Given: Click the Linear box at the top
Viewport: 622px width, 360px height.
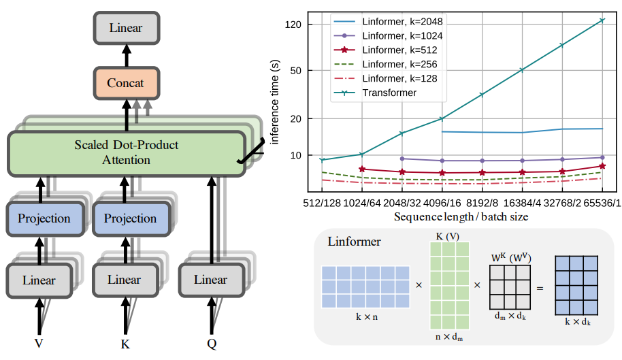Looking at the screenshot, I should [125, 29].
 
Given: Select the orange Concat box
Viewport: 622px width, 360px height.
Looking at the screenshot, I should [125, 83].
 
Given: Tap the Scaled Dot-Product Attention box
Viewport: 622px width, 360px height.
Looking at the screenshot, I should [125, 152].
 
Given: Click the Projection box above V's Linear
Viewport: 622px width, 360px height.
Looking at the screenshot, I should [44, 218].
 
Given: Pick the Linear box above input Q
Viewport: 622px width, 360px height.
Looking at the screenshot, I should [210, 280].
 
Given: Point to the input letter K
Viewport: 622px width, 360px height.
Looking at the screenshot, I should [125, 344].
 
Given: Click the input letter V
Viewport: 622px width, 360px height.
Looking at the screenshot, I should [39, 344].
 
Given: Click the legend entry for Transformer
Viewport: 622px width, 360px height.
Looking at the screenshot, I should [389, 93].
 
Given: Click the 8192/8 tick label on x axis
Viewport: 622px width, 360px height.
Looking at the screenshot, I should [482, 203].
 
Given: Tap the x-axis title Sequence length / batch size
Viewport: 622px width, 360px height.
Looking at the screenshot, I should [461, 216].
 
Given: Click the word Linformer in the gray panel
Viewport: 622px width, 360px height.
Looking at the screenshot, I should [354, 242].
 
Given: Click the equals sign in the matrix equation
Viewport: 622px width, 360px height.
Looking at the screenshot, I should [540, 288].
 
